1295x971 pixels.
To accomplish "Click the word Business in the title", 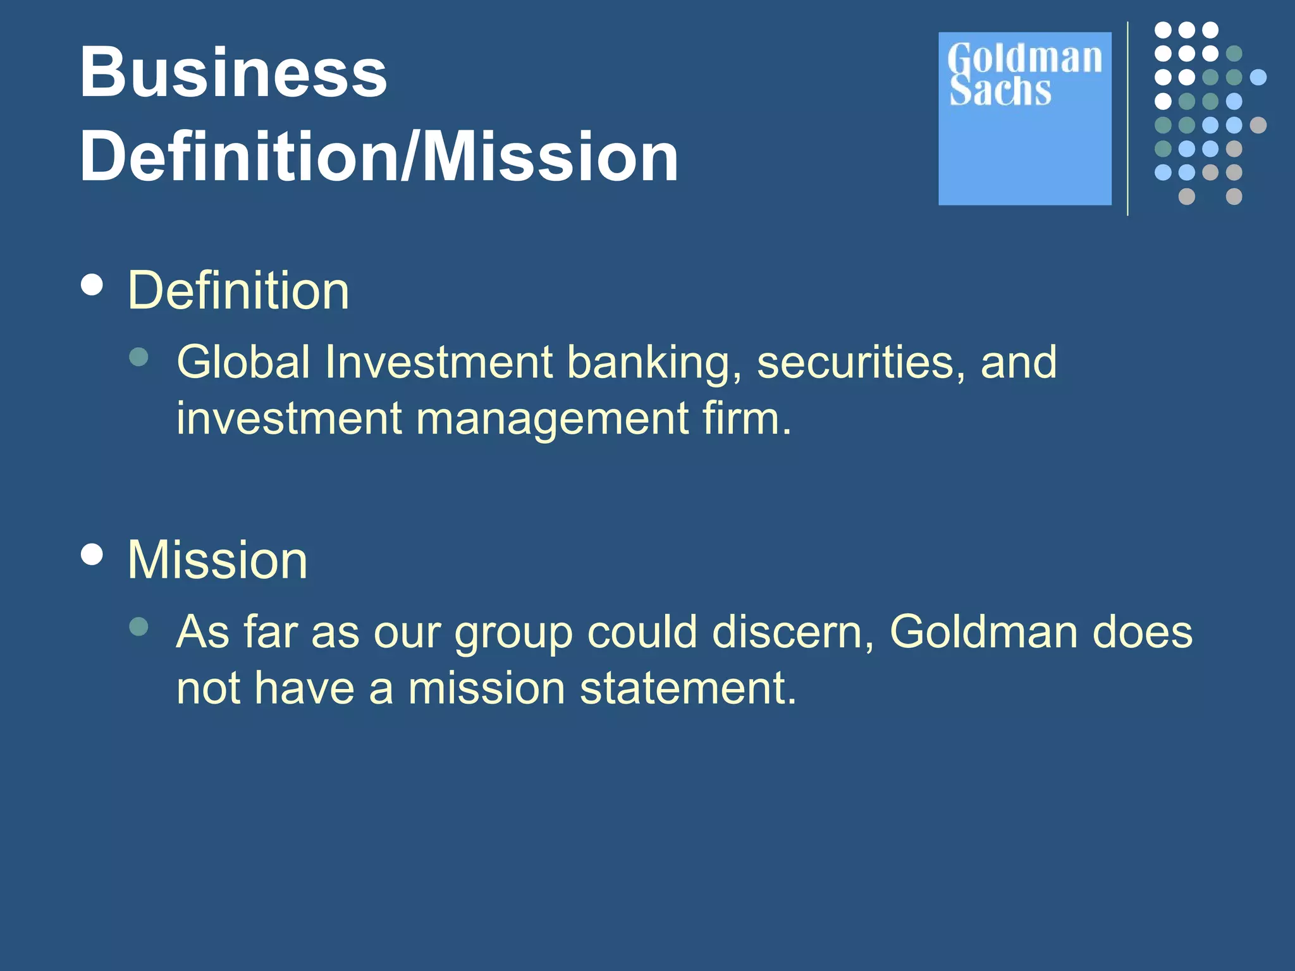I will [x=233, y=73].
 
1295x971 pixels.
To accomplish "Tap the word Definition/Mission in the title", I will [x=378, y=157].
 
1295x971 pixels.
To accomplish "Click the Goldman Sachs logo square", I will [x=1024, y=119].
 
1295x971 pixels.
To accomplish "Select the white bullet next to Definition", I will [x=92, y=284].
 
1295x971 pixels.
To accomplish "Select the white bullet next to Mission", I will [x=92, y=554].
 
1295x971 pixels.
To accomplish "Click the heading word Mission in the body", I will [x=217, y=560].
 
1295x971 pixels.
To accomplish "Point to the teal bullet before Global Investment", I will [x=138, y=357].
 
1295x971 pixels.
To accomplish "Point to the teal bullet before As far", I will [x=138, y=626].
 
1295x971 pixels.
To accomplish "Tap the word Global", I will [x=243, y=362].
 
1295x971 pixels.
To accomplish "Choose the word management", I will [x=551, y=420].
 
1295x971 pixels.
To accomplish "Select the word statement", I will [x=687, y=688].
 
